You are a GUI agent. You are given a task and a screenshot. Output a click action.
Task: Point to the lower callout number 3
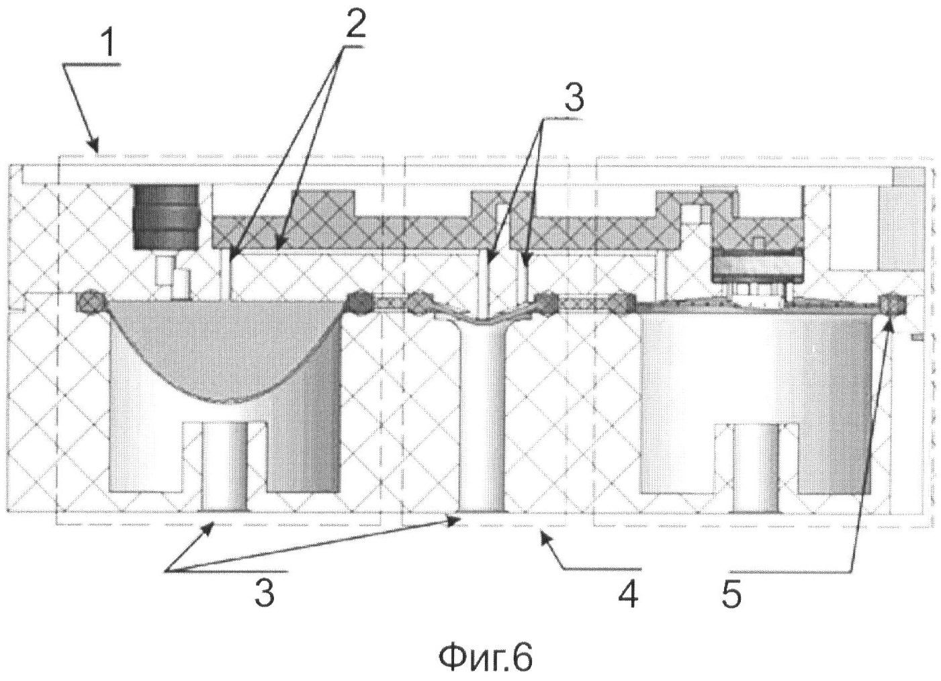coord(264,593)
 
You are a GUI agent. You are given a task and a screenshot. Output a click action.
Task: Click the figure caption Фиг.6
coord(486,657)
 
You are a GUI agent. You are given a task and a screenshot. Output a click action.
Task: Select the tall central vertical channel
coord(483,416)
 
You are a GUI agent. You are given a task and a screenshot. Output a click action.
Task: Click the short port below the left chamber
coord(225,466)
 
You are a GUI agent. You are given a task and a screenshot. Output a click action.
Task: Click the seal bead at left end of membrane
coord(91,302)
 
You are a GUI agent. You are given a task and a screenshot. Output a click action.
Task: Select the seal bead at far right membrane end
coord(893,306)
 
